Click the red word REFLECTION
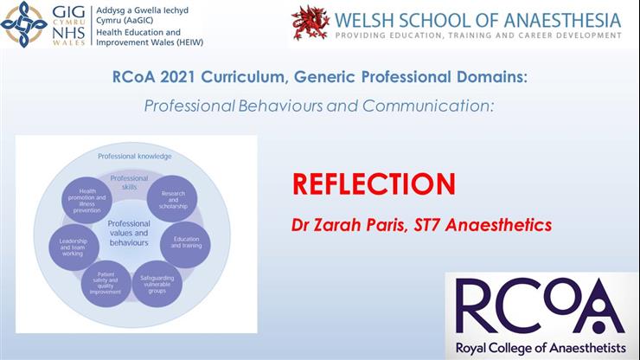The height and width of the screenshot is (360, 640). tap(374, 185)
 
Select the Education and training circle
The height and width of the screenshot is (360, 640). tap(185, 242)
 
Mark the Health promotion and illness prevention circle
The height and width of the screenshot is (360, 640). tap(87, 202)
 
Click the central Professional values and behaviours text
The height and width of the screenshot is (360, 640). tap(129, 233)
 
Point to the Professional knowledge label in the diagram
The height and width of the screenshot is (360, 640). tap(134, 157)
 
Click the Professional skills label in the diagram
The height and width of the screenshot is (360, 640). tap(129, 182)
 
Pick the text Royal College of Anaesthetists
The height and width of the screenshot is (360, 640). tap(541, 349)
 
